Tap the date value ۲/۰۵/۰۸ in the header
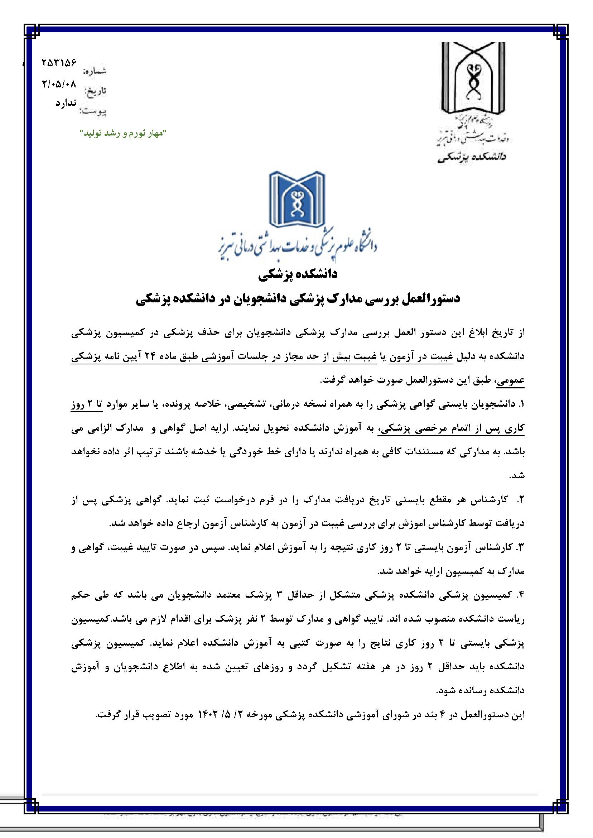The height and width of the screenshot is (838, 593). click(59, 84)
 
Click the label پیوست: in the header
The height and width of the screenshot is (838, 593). click(93, 112)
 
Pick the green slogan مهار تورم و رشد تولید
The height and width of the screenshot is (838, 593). click(123, 134)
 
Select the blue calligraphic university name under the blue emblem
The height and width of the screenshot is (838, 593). click(296, 246)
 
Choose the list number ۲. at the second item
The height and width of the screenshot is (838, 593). click(521, 500)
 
